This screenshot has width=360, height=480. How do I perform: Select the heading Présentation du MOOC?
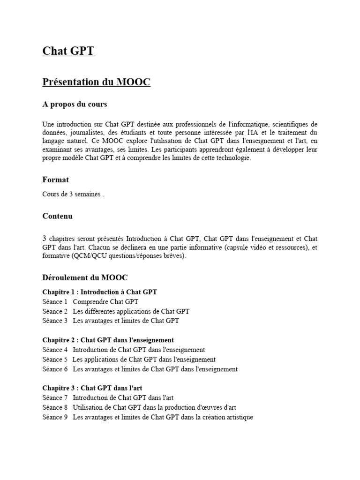96,82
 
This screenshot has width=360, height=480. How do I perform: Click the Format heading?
55,180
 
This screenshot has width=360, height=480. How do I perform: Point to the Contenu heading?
57,217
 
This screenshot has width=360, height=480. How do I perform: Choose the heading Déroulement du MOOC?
85,277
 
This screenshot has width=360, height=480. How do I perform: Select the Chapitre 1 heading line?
99,292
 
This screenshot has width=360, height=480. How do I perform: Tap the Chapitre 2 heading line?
108,340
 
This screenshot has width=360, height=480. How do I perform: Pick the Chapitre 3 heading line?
92,388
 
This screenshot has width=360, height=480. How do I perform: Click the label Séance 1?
55,301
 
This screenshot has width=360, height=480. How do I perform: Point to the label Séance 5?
55,360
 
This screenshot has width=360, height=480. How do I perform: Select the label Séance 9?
55,417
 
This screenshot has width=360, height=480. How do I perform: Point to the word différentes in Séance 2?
103,311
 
